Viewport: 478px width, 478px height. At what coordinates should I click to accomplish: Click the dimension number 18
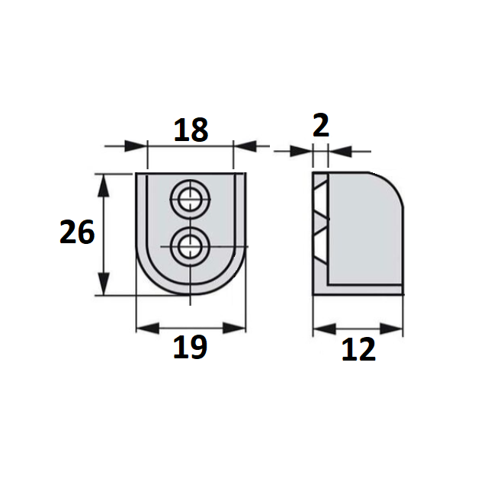click(x=191, y=130)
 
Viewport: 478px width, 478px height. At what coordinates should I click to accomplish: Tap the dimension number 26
click(x=77, y=232)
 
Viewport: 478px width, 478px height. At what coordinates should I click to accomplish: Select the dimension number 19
click(x=191, y=347)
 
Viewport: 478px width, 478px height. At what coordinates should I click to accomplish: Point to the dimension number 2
click(x=321, y=125)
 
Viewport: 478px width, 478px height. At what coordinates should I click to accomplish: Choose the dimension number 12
click(x=358, y=349)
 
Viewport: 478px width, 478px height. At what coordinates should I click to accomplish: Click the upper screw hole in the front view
click(x=191, y=200)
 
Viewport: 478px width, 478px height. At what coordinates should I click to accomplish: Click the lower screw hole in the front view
click(x=191, y=246)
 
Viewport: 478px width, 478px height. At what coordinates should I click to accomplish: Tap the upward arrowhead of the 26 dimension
click(x=104, y=185)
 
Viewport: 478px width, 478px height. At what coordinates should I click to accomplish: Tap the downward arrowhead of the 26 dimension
click(x=104, y=284)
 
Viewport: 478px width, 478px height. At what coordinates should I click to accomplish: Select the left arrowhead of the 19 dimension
click(x=148, y=328)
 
